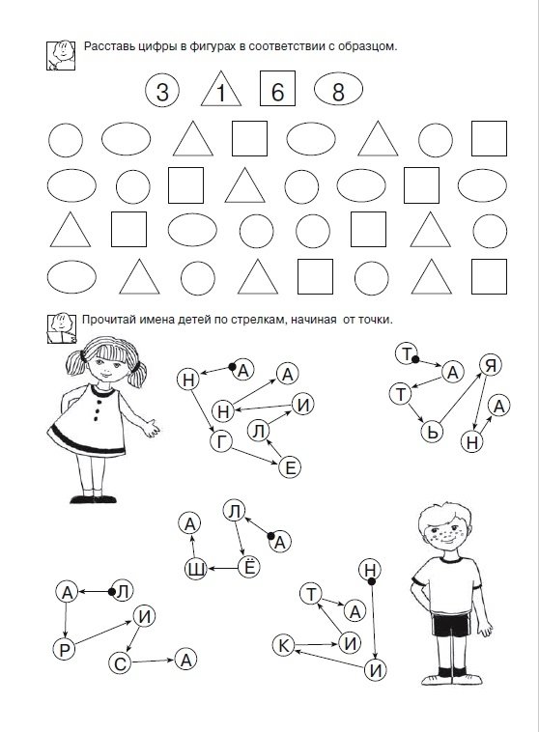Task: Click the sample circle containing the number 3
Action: point(161,91)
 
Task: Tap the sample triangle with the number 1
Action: point(221,89)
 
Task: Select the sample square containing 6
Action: point(277,88)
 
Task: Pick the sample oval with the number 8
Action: point(339,89)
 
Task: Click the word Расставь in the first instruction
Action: point(105,46)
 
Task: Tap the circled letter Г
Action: point(221,441)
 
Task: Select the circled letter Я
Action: point(491,366)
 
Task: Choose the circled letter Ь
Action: point(432,432)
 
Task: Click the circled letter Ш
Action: point(196,569)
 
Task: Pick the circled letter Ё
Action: point(249,567)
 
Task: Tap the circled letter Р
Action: point(65,649)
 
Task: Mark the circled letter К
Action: point(284,646)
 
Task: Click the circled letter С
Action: point(120,663)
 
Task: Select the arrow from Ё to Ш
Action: point(222,568)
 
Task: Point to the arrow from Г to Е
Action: point(255,456)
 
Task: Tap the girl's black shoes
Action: point(93,499)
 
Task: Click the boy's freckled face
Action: point(445,531)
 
